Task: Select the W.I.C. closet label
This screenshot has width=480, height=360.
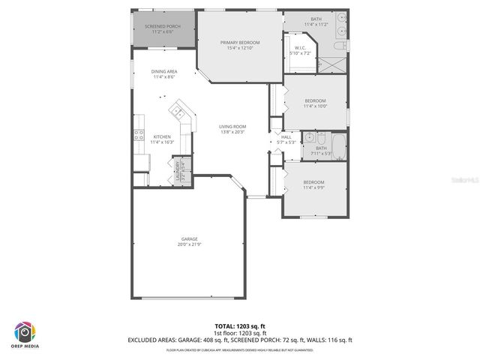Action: coord(299,50)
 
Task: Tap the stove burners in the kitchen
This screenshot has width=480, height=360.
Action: coord(139,136)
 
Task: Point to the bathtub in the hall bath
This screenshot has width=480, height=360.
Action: coord(337,147)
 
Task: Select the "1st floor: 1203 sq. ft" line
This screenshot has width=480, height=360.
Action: coord(239,334)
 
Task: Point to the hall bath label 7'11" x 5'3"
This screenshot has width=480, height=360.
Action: coord(321,151)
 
